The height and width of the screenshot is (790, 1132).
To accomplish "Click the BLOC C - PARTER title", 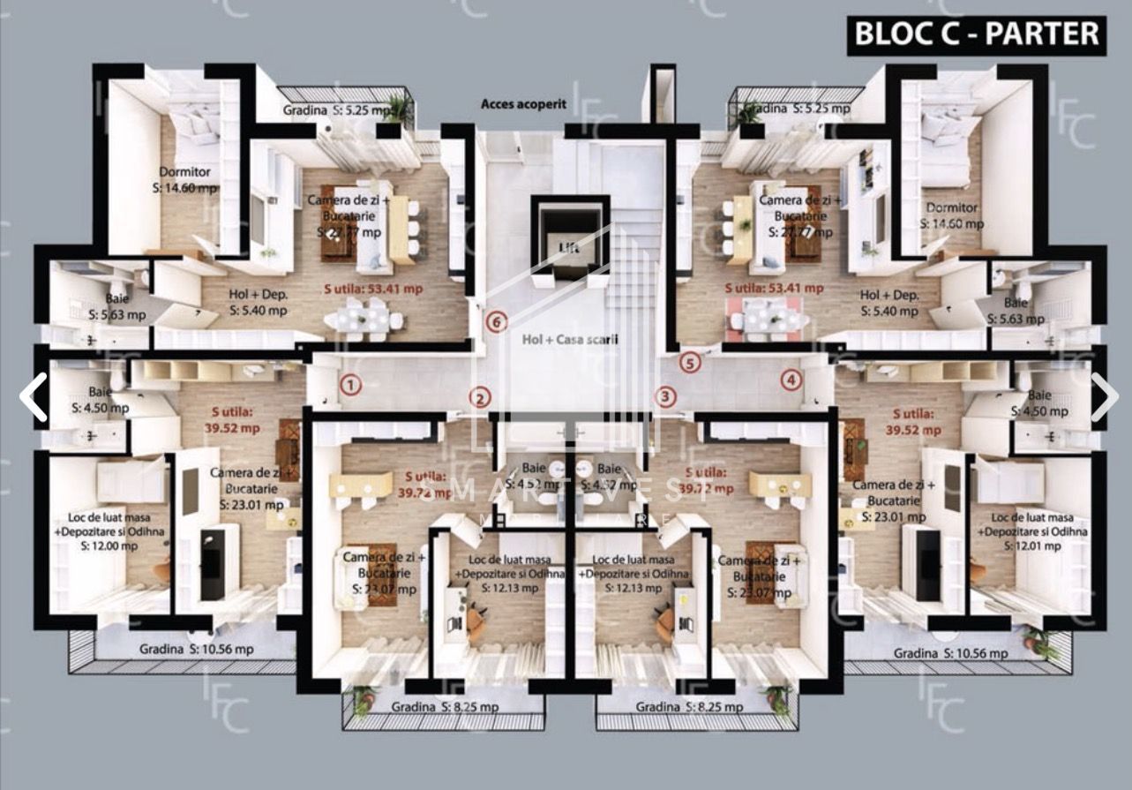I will tap(977, 35).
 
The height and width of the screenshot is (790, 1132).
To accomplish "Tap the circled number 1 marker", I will tap(350, 384).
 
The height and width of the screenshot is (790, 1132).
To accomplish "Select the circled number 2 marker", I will tap(480, 397).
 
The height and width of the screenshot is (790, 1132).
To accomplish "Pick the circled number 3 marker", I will tap(665, 397).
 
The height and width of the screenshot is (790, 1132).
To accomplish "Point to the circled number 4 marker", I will tap(791, 380).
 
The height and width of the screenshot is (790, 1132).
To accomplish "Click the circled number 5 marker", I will tap(691, 361).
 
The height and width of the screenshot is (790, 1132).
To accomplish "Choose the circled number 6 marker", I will tap(497, 323).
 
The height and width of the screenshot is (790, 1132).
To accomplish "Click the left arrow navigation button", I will tap(34, 397).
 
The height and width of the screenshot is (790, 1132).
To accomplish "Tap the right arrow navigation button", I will tap(1104, 397).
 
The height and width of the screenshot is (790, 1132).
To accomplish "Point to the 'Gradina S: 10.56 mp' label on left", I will tap(196, 649).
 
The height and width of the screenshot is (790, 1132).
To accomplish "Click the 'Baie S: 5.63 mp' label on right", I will tap(1015, 311).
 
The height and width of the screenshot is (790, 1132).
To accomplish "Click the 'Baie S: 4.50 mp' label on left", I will tap(100, 400).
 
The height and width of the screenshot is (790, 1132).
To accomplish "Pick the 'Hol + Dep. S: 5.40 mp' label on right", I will tap(888, 303).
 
